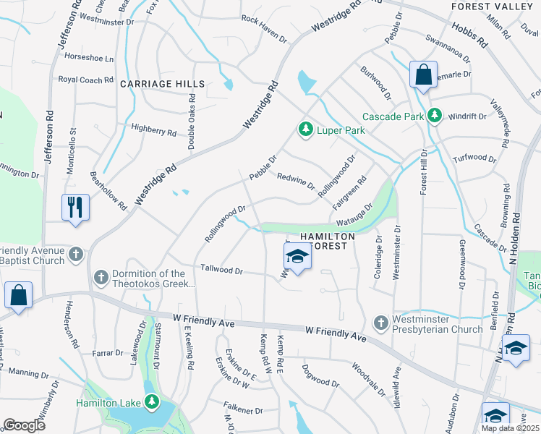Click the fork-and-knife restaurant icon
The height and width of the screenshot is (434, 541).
click(75, 207)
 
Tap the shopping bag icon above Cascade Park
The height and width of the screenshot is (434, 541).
click(423, 74)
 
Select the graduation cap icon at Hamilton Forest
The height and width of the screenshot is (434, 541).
click(297, 255)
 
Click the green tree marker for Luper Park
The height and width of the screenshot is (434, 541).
click(305, 129)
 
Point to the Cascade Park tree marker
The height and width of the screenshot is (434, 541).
click(434, 115)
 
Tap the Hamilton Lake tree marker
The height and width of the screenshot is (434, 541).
click(151, 402)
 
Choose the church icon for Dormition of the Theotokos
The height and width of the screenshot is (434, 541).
click(101, 276)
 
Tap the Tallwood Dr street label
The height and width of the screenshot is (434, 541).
click(222, 270)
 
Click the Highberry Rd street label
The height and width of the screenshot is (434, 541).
click(154, 131)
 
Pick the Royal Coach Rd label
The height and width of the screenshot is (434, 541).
click(87, 79)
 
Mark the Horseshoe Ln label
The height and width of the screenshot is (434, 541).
click(90, 58)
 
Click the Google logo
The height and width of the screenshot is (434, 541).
click(25, 425)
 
